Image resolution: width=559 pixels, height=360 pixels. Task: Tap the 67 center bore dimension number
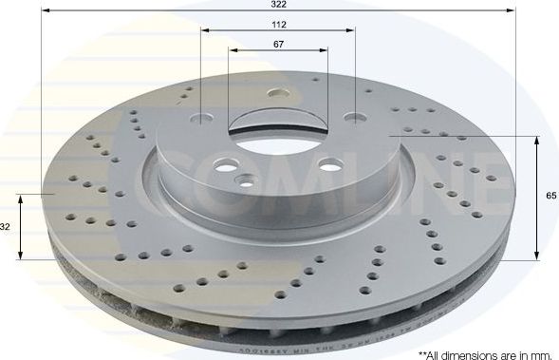coord(278,45)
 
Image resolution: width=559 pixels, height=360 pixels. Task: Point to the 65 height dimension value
coord(551,194)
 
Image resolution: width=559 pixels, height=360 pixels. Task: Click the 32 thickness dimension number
coord(6,227)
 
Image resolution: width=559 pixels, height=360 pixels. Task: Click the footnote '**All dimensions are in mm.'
coord(484,352)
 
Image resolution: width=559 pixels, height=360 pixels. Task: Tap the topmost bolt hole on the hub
coord(278,94)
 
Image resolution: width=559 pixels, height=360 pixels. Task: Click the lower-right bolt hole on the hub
coord(326,163)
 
